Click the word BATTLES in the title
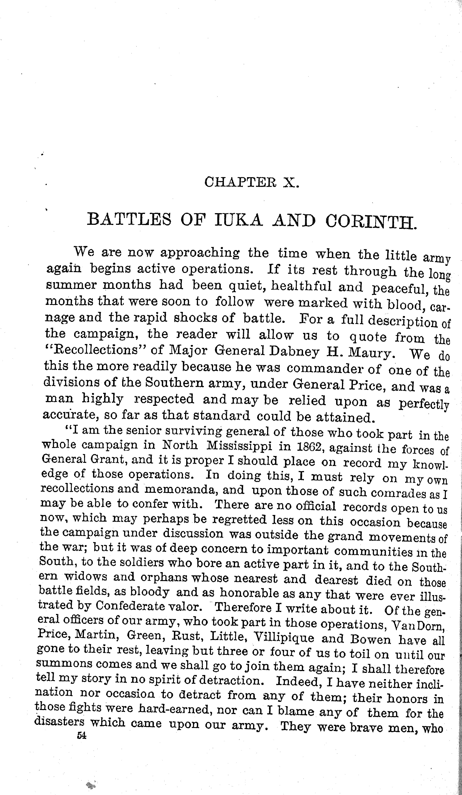point(129,219)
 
